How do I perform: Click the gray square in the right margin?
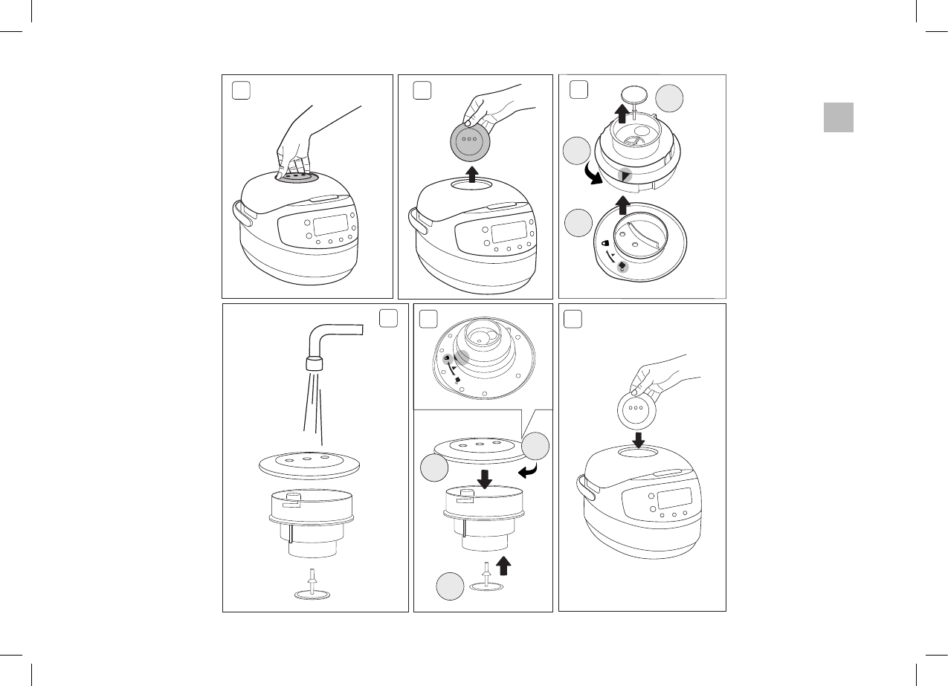(838, 117)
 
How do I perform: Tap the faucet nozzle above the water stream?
(315, 364)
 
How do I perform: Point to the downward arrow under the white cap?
(637, 439)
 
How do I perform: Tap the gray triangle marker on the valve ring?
(626, 175)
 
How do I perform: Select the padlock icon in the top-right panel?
(606, 243)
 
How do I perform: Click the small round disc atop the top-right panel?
(632, 96)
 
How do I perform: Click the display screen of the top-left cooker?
(331, 224)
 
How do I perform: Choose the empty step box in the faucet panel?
(389, 318)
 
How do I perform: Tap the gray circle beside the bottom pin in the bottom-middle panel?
(450, 586)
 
